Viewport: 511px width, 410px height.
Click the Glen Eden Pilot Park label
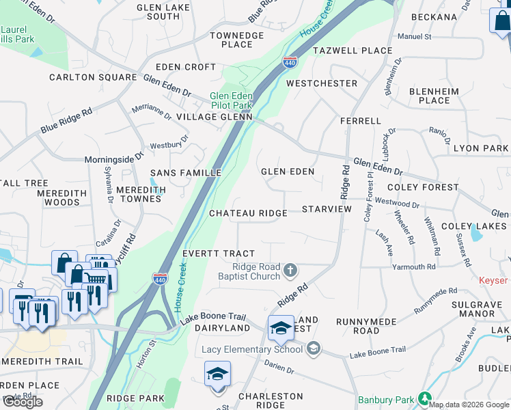tap(231, 101)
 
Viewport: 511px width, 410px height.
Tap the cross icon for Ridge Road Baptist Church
tap(290, 271)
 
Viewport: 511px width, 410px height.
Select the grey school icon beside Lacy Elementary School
tap(314, 349)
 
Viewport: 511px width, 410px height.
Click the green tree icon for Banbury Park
tap(425, 398)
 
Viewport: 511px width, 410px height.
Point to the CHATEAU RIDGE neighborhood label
tap(248, 213)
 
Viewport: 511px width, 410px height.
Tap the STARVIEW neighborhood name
tap(327, 208)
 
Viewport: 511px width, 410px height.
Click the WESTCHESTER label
tap(322, 83)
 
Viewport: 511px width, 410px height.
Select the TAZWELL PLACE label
tap(353, 51)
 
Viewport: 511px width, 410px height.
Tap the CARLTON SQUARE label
tap(93, 77)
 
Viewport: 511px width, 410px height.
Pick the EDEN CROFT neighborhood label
tap(186, 67)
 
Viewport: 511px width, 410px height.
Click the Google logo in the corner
tap(23, 402)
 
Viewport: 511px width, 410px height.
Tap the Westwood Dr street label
tap(397, 203)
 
